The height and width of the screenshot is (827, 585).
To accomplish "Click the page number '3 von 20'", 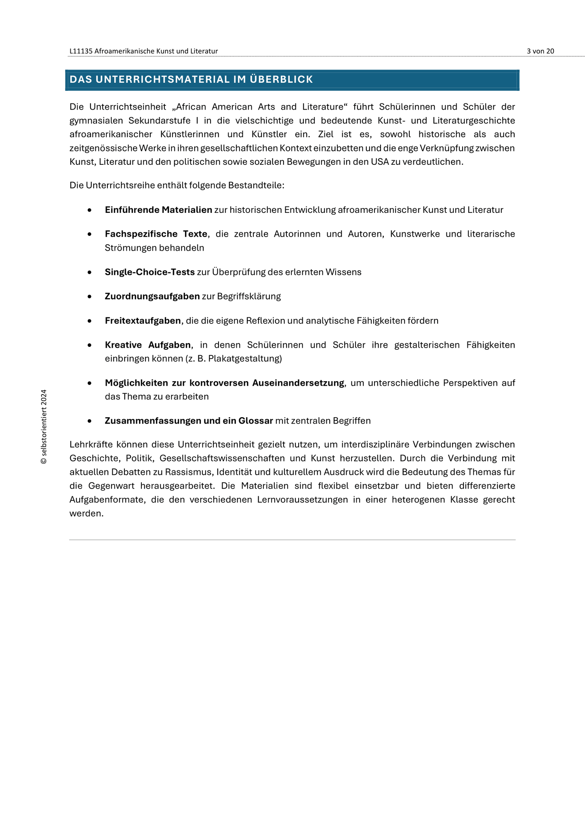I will [x=540, y=51].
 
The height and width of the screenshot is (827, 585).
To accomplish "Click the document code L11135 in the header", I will [x=81, y=51].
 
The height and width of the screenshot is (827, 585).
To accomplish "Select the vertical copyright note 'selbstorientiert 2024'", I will [x=44, y=426].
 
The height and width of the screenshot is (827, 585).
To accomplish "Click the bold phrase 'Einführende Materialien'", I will [x=158, y=210].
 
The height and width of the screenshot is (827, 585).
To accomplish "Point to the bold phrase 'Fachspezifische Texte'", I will [x=156, y=234].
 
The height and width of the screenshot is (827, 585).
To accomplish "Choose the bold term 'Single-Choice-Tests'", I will [x=150, y=272].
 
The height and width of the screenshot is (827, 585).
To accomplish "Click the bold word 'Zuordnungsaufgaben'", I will [x=152, y=296].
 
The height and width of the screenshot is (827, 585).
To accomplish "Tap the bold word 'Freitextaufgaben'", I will [x=143, y=321].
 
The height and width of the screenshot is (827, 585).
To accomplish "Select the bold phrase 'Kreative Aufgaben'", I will [x=147, y=345].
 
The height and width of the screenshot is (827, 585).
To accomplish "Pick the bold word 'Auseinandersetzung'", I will [x=298, y=383].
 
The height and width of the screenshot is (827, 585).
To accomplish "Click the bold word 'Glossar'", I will [x=256, y=421].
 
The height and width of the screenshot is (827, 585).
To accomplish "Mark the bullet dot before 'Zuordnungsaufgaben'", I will [x=90, y=297].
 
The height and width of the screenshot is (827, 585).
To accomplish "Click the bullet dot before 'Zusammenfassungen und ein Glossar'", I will [x=90, y=421].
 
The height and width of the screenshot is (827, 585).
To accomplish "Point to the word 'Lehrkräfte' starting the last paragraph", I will [x=91, y=445].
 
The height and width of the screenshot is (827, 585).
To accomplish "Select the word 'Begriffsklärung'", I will [x=249, y=296].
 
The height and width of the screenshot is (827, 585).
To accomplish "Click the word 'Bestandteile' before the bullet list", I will [x=256, y=186].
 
